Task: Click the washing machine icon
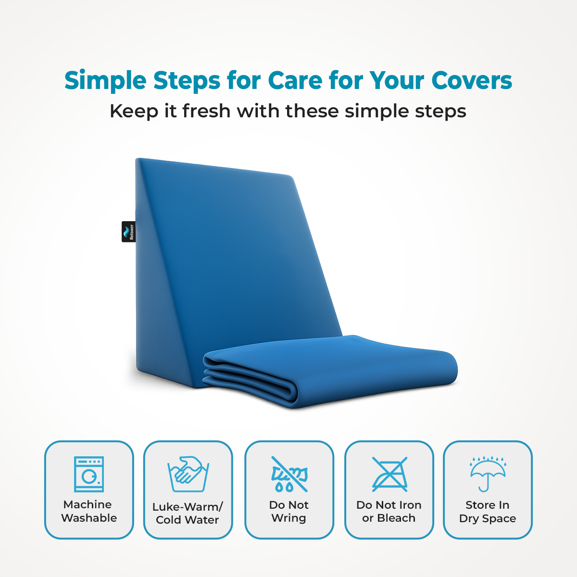[x=89, y=474]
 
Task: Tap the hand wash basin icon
[x=188, y=474]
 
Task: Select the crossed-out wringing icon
[x=289, y=474]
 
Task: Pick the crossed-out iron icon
[x=389, y=474]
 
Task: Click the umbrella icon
[x=488, y=473]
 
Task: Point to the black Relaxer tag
[x=129, y=232]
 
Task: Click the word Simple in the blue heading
[x=105, y=80]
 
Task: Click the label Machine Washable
[x=89, y=511]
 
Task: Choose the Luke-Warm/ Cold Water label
[x=188, y=514]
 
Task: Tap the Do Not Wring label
[x=289, y=512]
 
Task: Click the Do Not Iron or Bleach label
[x=389, y=512]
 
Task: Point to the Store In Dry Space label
[x=488, y=512]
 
